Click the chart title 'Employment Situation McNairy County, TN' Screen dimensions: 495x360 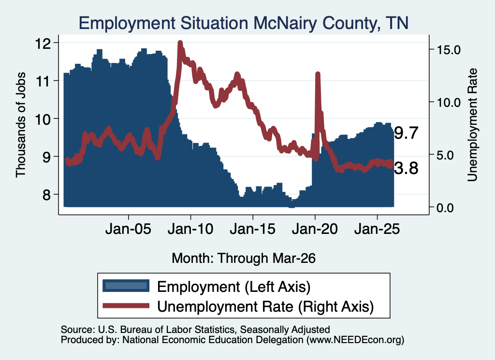tap(244, 23)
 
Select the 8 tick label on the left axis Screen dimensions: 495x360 tap(46, 195)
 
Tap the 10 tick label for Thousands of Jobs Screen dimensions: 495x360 tap(43, 119)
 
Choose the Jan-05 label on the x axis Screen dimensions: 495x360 tap(129, 229)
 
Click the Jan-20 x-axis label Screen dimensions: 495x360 tap(315, 229)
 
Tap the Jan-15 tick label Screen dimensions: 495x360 tap(252, 229)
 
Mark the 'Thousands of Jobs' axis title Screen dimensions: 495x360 tap(20, 125)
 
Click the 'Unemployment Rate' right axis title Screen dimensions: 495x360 tap(473, 125)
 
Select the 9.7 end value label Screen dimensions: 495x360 tap(406, 133)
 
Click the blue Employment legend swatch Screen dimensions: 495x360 tap(126, 286)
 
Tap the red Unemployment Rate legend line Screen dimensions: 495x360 tap(126, 306)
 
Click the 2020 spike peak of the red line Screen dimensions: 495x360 tap(318, 74)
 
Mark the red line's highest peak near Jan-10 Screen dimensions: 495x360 tap(180, 43)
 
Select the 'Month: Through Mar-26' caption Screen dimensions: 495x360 tap(244, 258)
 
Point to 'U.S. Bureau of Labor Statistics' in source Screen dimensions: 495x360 tap(166, 330)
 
